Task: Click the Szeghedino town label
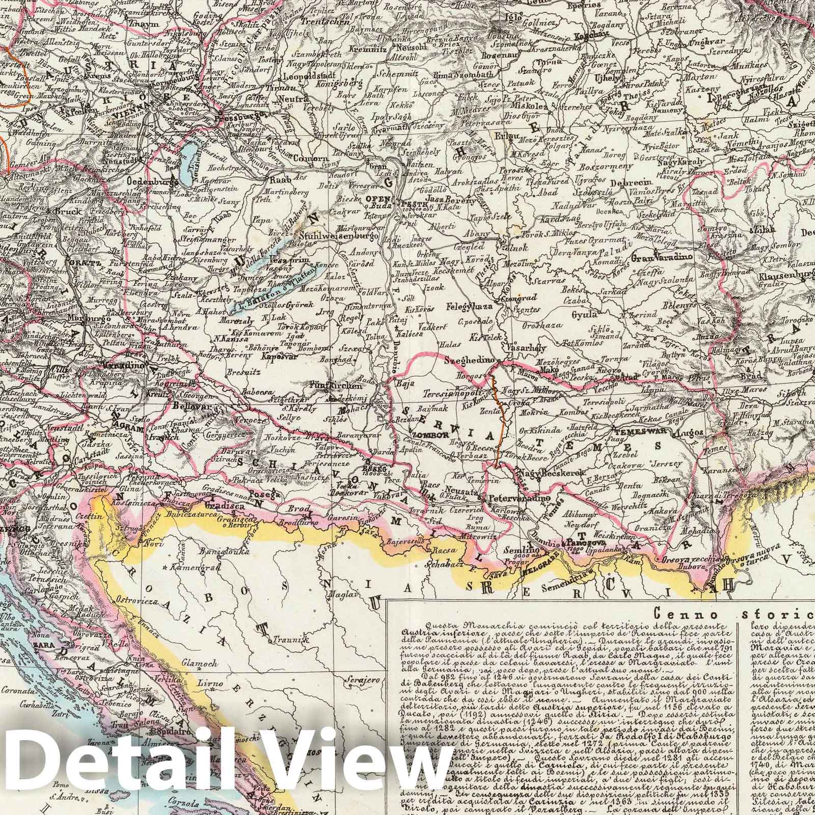468,360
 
